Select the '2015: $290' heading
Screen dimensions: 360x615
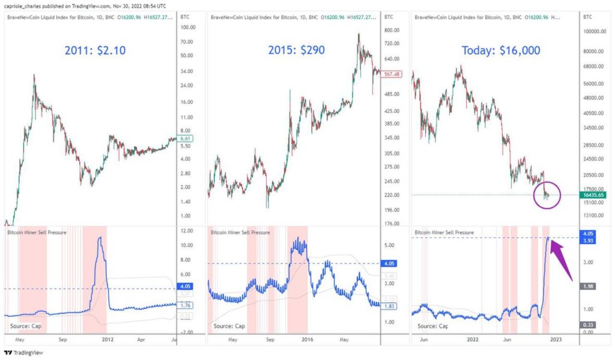294,50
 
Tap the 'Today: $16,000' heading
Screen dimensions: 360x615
501,50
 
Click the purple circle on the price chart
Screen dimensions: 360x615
546,195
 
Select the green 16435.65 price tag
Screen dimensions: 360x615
593,195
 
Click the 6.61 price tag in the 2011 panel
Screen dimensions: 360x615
186,139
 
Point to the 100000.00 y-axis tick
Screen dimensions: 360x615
595,31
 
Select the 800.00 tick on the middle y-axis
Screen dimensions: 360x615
392,30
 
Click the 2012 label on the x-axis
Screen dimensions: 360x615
108,338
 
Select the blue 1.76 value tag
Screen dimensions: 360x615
186,305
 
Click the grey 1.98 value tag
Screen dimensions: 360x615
588,286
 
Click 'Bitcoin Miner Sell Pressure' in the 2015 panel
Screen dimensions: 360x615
240,232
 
